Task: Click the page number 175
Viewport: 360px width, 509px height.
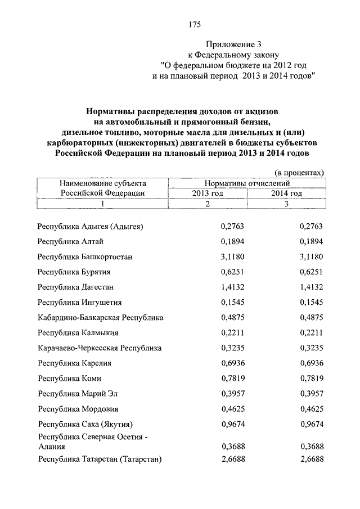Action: [x=195, y=24]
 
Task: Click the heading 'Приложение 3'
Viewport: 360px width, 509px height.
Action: [x=234, y=43]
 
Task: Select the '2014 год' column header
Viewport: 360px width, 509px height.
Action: [x=286, y=193]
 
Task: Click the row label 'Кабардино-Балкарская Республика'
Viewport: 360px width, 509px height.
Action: [x=100, y=318]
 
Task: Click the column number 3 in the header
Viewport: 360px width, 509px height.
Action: [x=286, y=204]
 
